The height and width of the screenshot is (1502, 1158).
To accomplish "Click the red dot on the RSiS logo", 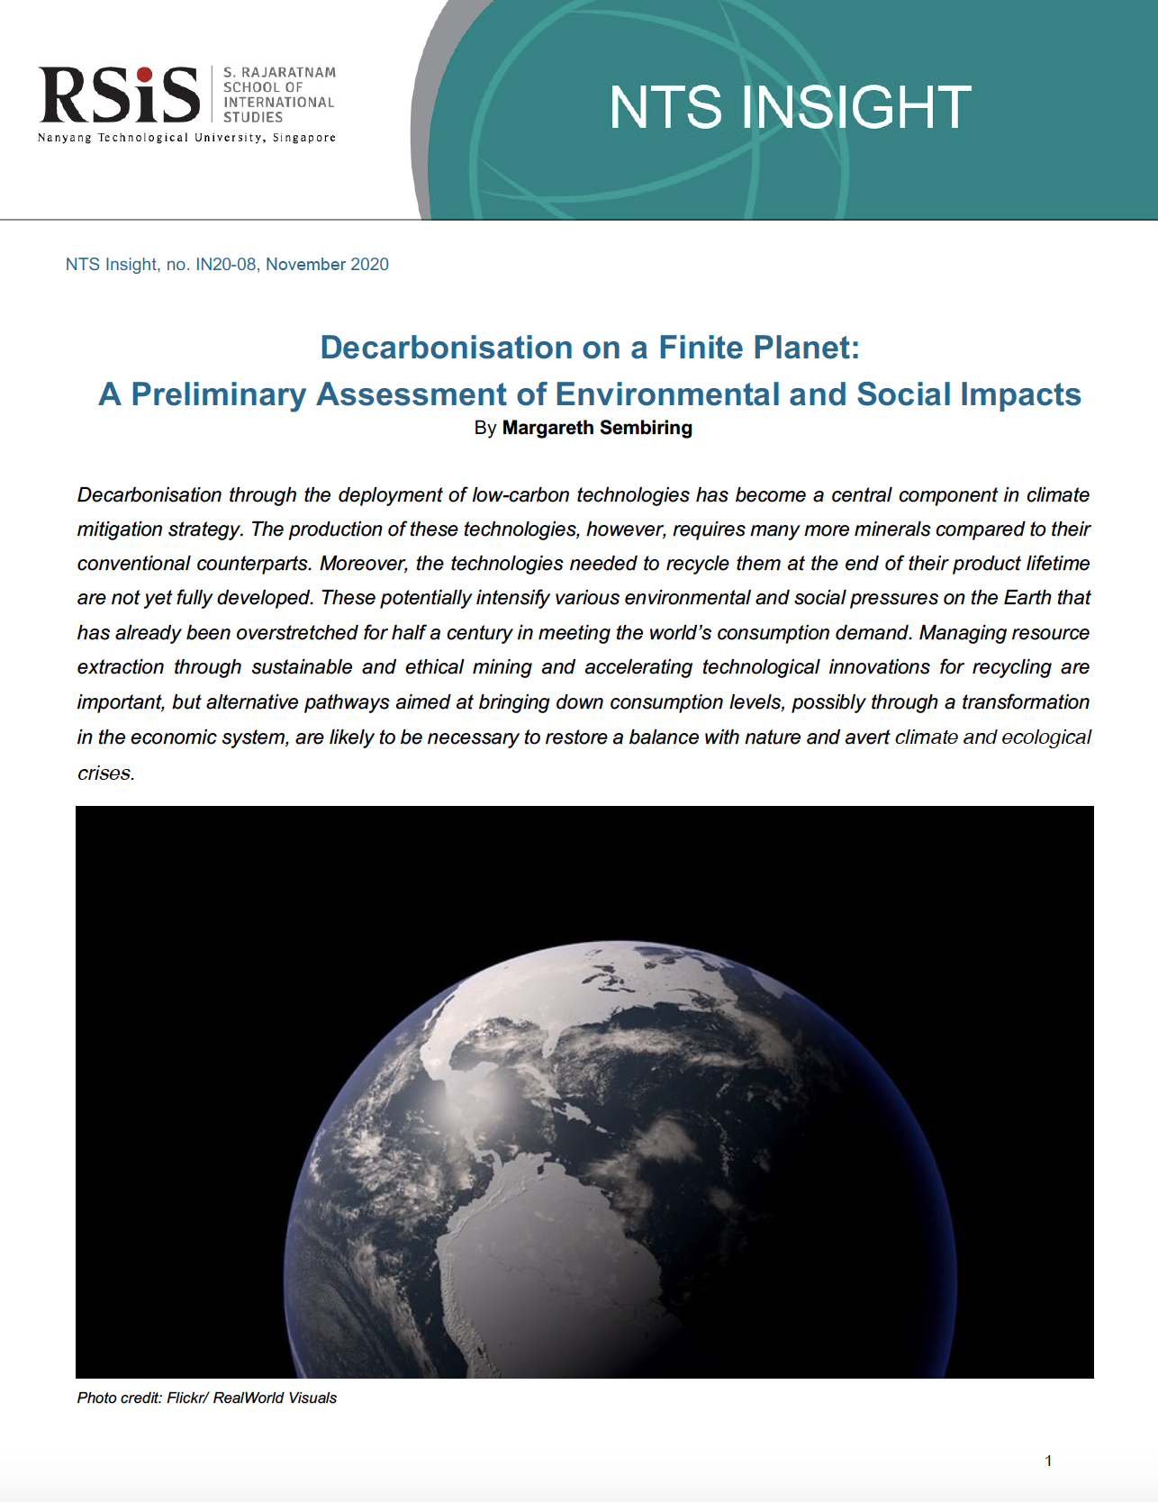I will [x=144, y=75].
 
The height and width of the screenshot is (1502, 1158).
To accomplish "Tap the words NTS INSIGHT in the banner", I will [x=790, y=107].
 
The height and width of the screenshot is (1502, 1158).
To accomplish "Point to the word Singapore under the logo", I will [x=304, y=138].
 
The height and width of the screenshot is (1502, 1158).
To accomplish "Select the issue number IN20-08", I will [x=226, y=265].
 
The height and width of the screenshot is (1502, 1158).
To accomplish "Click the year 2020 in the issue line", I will [x=369, y=265].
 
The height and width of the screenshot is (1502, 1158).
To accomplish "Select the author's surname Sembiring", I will [x=646, y=428].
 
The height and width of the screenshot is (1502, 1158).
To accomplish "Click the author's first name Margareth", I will [x=547, y=428].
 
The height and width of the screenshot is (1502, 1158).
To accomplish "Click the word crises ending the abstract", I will [x=104, y=774].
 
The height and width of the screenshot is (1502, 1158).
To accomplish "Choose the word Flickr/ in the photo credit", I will [x=187, y=1398].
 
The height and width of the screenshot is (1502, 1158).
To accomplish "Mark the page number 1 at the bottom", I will [x=1048, y=1461].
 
